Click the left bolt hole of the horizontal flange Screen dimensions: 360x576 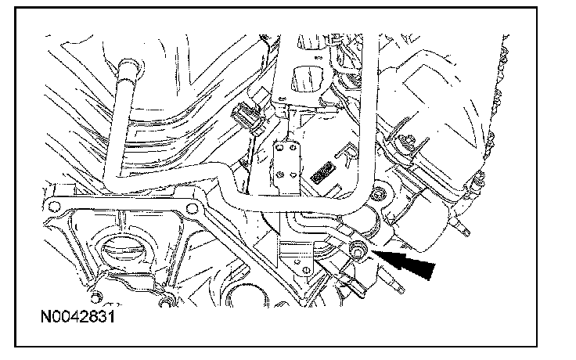coord(53,207)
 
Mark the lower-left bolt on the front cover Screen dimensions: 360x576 coord(95,297)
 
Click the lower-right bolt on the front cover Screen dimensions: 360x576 coord(167,301)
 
